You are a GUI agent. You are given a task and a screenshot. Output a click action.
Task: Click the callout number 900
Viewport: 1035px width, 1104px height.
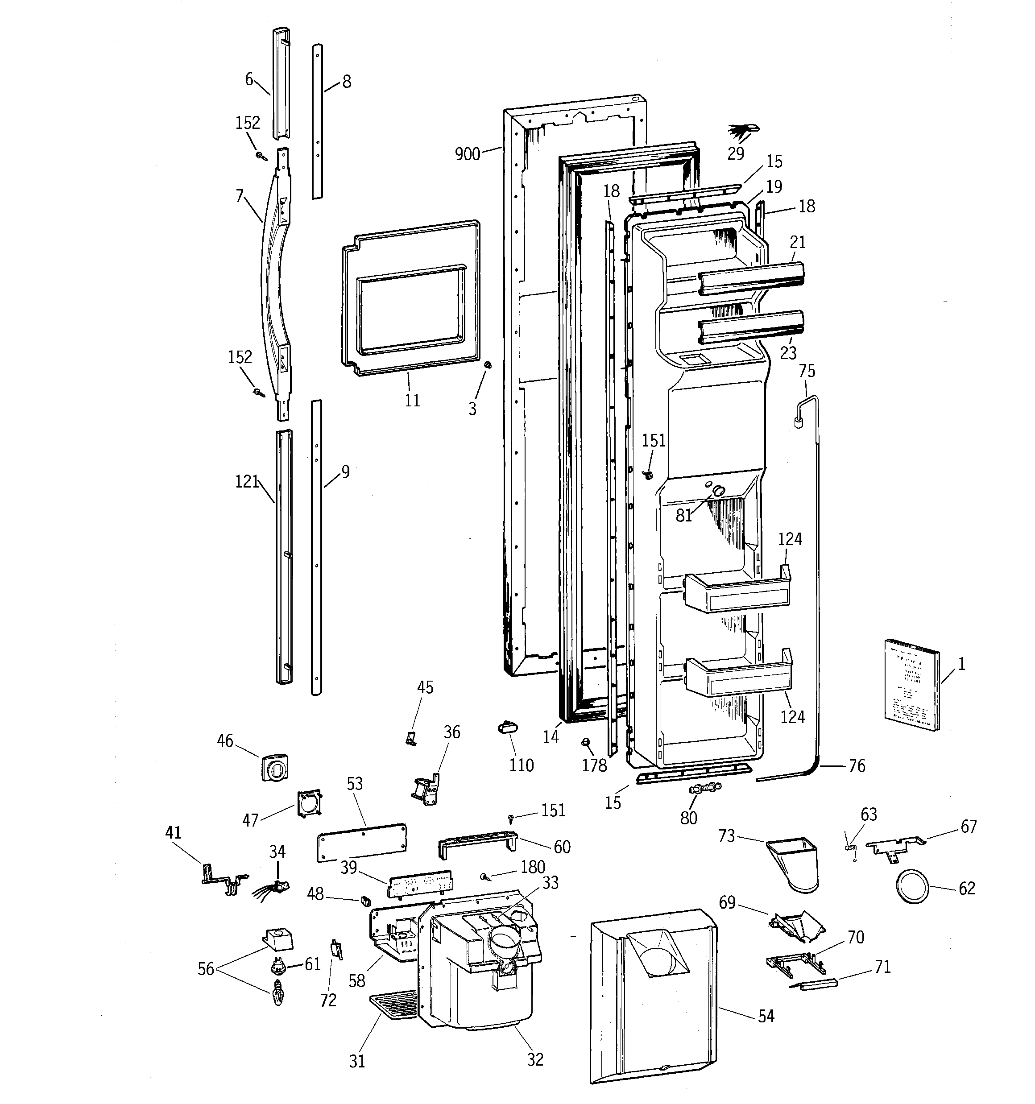coord(467,154)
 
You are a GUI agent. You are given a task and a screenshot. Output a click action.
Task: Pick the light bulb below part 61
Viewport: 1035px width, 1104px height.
coord(278,992)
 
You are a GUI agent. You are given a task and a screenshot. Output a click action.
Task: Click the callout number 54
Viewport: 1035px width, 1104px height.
coord(766,1016)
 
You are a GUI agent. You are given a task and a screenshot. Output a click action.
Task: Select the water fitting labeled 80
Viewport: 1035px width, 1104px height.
coord(704,788)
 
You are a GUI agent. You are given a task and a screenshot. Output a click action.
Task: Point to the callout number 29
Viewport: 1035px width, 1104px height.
coord(736,154)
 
